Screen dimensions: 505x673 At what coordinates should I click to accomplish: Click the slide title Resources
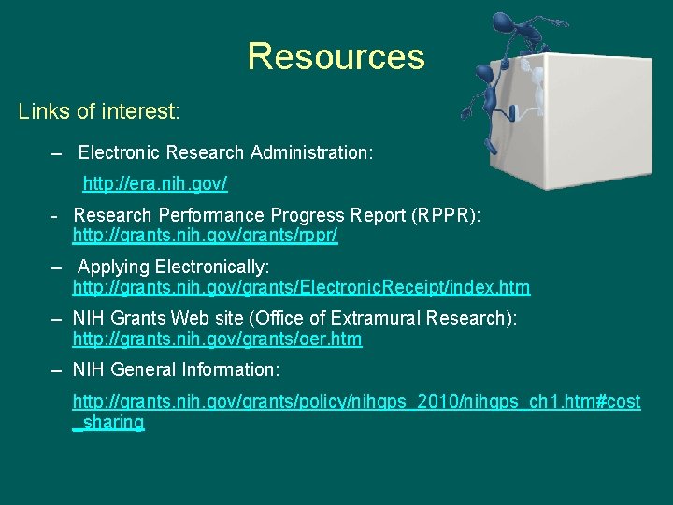[336, 57]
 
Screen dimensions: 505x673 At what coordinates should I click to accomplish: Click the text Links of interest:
[99, 112]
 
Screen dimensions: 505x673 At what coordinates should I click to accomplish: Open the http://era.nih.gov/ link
[155, 180]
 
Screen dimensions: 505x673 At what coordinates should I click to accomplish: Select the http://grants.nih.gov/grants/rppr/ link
[205, 237]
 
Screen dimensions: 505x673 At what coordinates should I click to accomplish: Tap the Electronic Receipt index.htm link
[301, 287]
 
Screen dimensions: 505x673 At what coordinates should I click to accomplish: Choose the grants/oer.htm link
[217, 339]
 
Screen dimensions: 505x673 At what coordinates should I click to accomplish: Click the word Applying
[109, 267]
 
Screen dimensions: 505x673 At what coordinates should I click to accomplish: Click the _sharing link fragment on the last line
[108, 422]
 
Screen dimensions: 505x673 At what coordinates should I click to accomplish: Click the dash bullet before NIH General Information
[58, 370]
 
